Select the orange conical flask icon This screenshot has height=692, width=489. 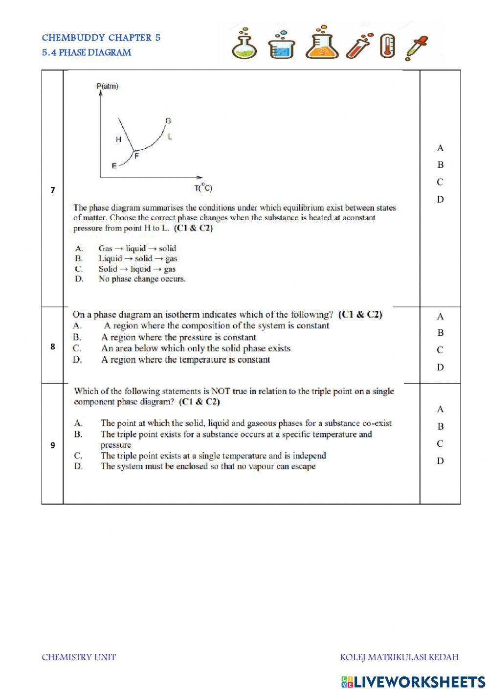click(x=322, y=43)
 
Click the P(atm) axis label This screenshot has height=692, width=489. click(x=108, y=87)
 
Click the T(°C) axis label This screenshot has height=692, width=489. click(x=203, y=187)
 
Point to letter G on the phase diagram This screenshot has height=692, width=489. click(x=168, y=120)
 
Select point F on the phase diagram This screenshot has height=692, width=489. click(x=136, y=156)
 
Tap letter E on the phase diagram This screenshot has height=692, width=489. click(x=114, y=166)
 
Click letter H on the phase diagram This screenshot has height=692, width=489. click(x=118, y=139)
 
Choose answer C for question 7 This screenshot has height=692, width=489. click(x=440, y=182)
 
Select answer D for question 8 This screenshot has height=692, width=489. click(x=440, y=367)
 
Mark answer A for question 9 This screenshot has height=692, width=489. click(x=440, y=409)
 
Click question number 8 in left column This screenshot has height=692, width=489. click(x=52, y=346)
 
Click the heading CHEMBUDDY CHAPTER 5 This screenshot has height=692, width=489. click(x=101, y=38)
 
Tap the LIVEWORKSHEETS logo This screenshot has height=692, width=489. click(x=413, y=681)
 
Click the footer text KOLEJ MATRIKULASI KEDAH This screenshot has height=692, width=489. click(x=399, y=657)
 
